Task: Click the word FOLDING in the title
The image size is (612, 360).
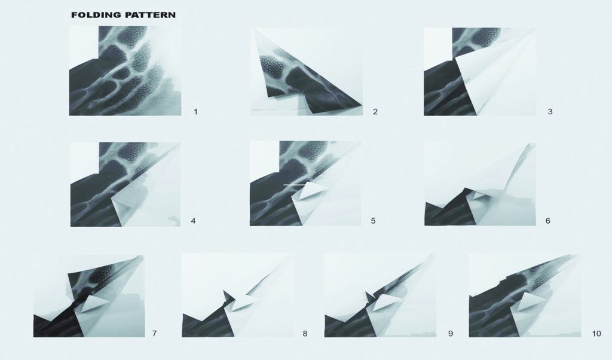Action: coord(96,15)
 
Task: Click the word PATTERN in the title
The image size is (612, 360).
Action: coord(150,15)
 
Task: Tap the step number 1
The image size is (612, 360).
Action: coord(195,112)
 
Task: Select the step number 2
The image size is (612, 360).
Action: coord(375,112)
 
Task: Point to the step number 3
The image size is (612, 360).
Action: coord(550,112)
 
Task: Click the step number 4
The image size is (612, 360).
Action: coord(193,221)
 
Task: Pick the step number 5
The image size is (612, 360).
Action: coord(373,221)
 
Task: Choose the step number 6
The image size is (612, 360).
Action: coord(547,221)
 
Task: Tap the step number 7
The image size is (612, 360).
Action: coord(155,334)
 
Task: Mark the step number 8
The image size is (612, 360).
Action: coord(305,334)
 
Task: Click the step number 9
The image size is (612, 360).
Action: coord(451,334)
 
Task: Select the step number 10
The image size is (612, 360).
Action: coord(596,334)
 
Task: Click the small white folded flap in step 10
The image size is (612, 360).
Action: coord(532,300)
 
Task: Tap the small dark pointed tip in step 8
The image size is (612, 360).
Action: coord(228,295)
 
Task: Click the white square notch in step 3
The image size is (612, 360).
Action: coord(438,45)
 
